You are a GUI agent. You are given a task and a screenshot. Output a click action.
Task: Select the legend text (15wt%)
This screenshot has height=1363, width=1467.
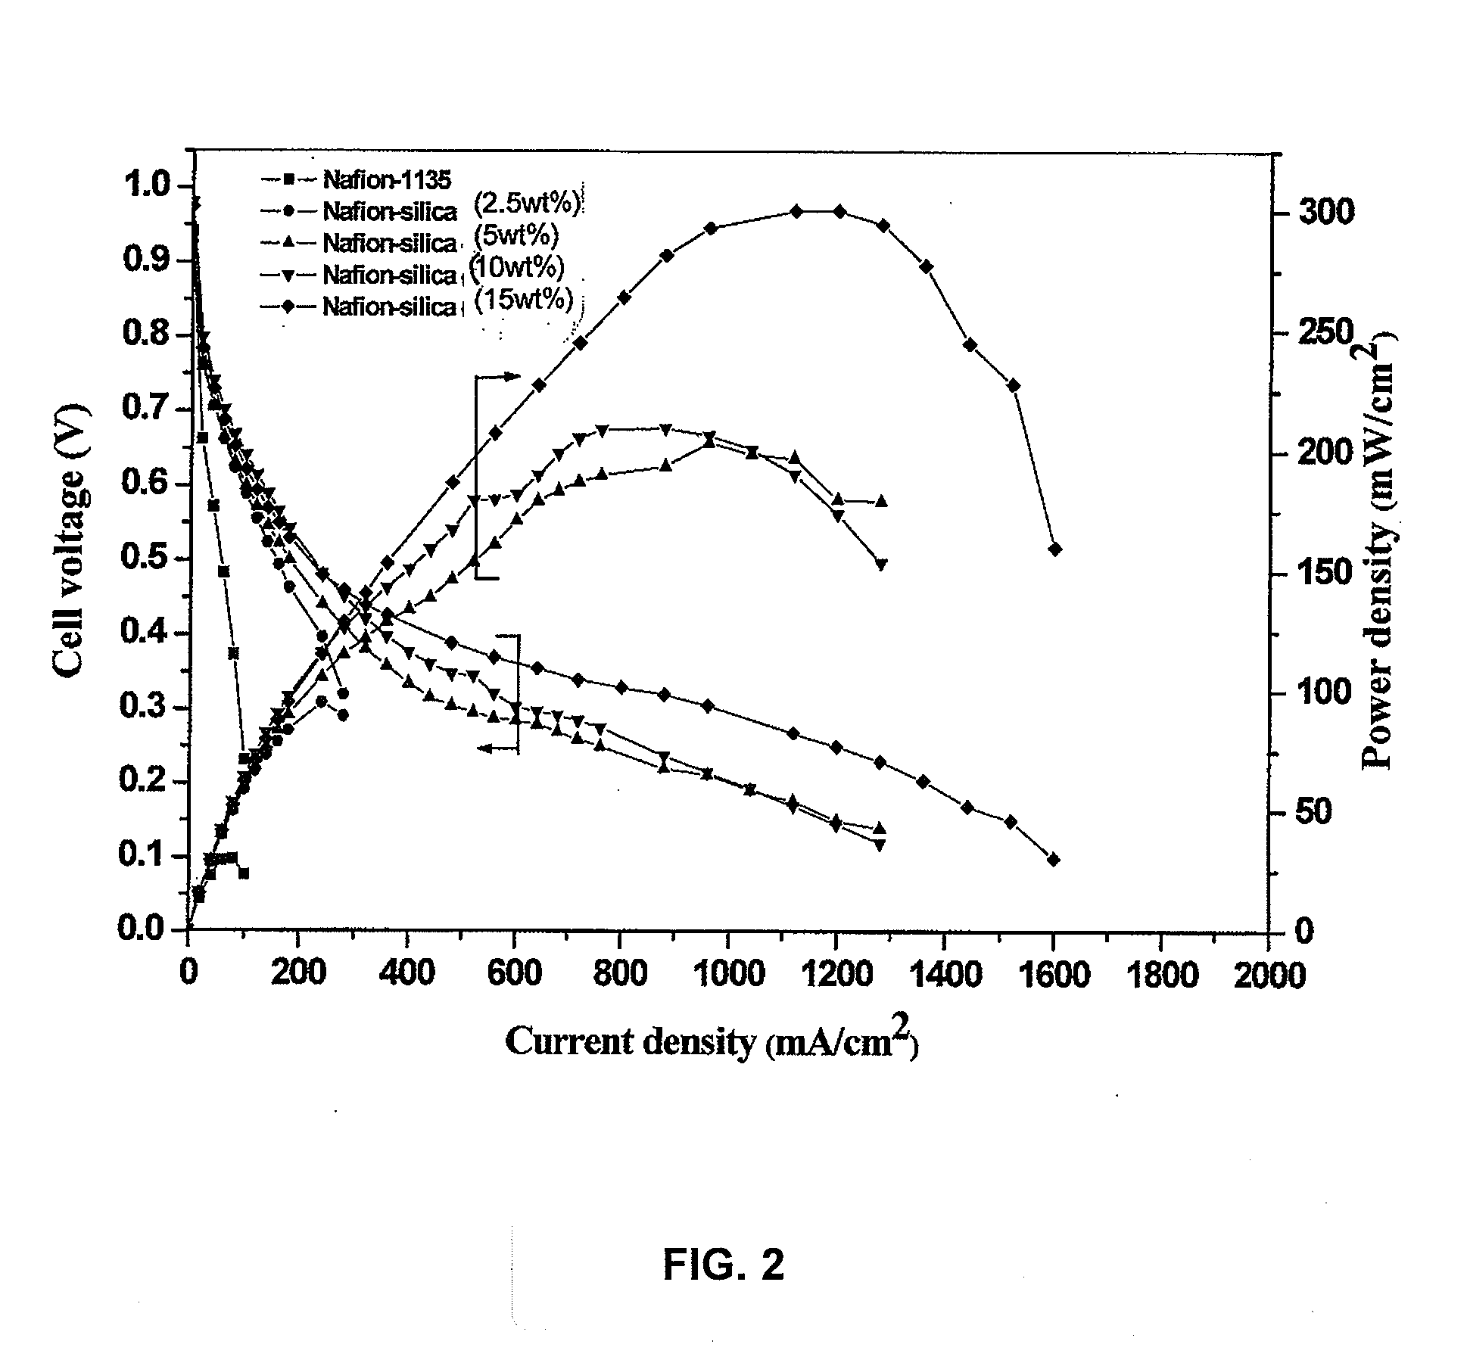point(523,300)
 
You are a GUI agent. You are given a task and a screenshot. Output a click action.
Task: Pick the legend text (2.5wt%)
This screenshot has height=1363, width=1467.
point(528,204)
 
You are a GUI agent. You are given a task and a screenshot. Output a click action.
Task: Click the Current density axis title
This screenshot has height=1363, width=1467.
point(711,1041)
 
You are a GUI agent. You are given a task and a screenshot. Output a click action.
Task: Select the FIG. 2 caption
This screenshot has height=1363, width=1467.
point(724,1265)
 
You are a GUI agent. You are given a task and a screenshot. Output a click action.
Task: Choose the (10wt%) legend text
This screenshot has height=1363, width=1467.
point(518,268)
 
